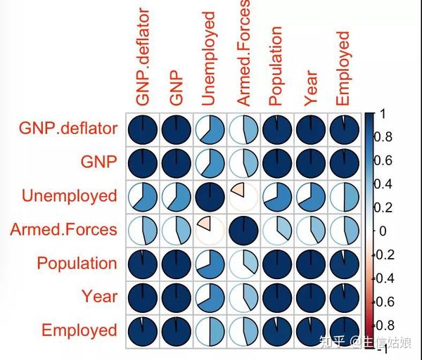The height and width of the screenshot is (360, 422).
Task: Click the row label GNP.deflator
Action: [68, 129]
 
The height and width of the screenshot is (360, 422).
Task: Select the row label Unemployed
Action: [70, 196]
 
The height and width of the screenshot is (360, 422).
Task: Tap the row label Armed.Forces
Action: [63, 229]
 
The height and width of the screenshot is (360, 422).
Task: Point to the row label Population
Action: [77, 263]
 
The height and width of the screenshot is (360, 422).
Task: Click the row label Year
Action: [100, 296]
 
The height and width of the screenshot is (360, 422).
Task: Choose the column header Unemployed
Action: [208, 58]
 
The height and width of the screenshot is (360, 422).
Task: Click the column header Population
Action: [275, 66]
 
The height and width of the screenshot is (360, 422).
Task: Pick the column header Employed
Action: [343, 69]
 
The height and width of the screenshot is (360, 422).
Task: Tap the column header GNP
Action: [176, 88]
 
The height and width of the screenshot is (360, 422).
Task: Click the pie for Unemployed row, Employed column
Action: [345, 197]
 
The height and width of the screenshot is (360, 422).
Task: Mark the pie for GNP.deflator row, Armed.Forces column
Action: [243, 129]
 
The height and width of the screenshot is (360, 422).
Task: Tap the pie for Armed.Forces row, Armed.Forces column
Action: [243, 231]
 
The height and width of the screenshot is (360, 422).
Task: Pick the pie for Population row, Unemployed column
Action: [210, 264]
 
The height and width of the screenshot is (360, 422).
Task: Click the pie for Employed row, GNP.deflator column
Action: [143, 331]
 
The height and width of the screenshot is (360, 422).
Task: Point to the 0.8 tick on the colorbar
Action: [373, 137]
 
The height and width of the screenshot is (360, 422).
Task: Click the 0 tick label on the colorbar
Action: [383, 231]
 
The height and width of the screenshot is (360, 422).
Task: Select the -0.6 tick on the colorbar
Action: [373, 302]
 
